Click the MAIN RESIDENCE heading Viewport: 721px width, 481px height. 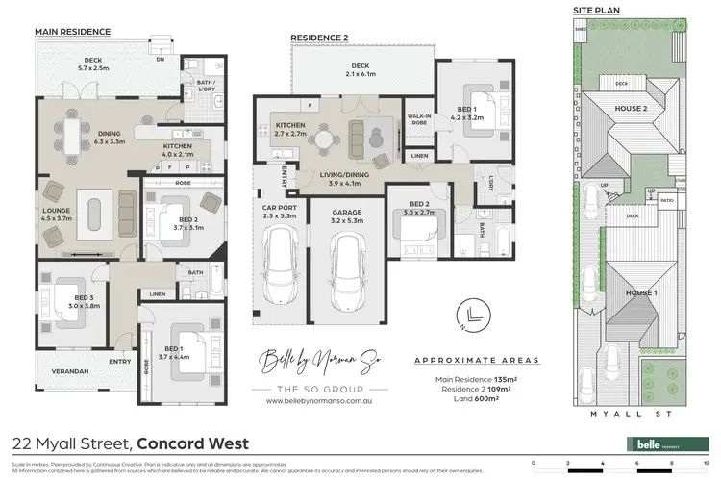pyautogui.click(x=72, y=31)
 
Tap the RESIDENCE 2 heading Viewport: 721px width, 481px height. pyautogui.click(x=319, y=39)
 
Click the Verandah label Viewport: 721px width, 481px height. pyautogui.click(x=70, y=371)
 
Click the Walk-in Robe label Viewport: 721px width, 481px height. pyautogui.click(x=417, y=120)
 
